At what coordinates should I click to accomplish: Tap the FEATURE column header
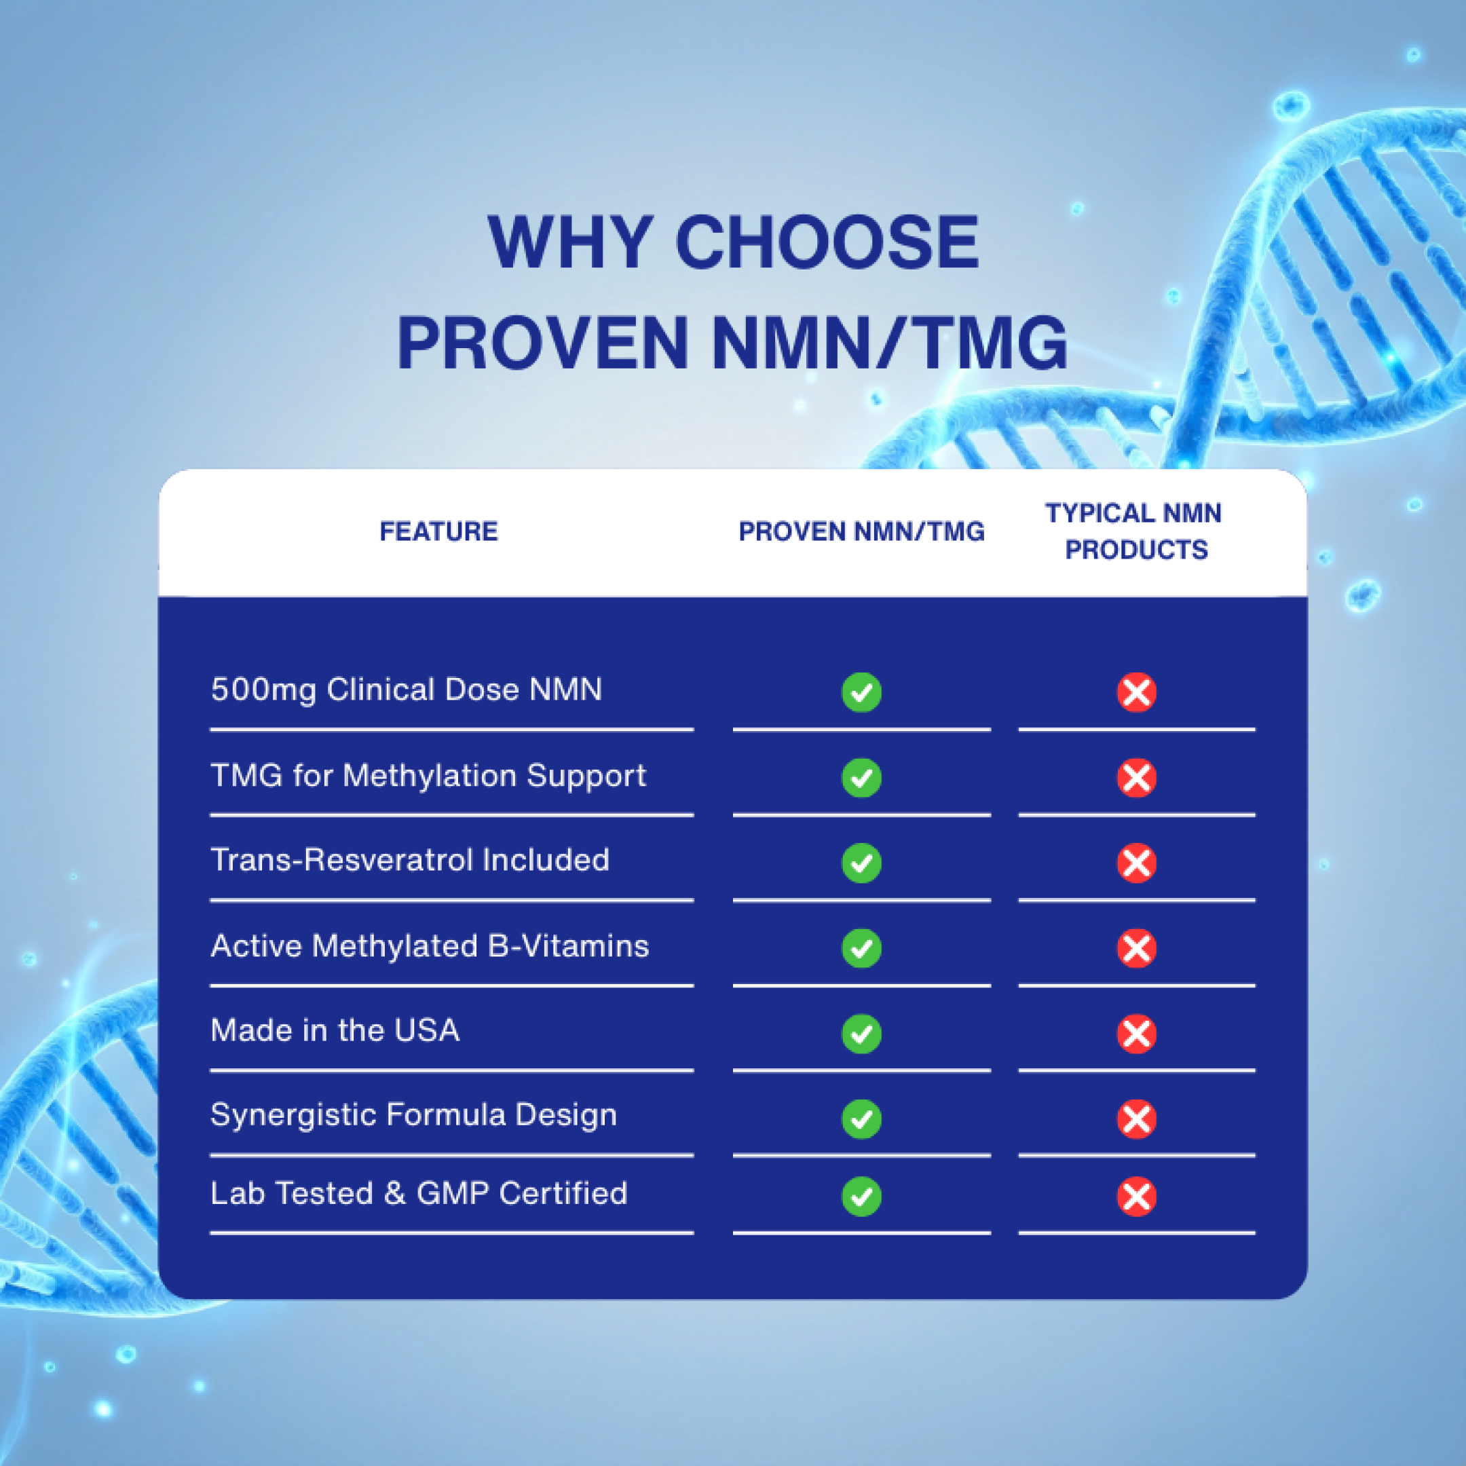[438, 531]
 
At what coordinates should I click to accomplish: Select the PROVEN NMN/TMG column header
[861, 531]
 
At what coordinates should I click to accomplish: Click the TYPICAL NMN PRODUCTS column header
[1134, 531]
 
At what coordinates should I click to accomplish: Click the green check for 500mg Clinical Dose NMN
[861, 692]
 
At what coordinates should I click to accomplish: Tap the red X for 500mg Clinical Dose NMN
[1136, 692]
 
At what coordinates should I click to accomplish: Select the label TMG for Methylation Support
[428, 776]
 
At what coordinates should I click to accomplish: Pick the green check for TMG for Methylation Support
[861, 778]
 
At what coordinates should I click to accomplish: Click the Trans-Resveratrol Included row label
[410, 860]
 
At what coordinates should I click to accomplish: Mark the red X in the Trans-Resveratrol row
[1136, 863]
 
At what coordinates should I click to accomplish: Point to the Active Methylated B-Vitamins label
[430, 945]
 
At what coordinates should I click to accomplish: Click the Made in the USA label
[335, 1030]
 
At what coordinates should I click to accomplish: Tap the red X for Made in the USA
[1136, 1034]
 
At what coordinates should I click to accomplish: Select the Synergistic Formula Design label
[413, 1114]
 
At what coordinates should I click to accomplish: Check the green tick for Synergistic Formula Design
[861, 1119]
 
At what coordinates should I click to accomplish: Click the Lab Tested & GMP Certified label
[419, 1193]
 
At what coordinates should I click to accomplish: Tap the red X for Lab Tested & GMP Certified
[1136, 1197]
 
